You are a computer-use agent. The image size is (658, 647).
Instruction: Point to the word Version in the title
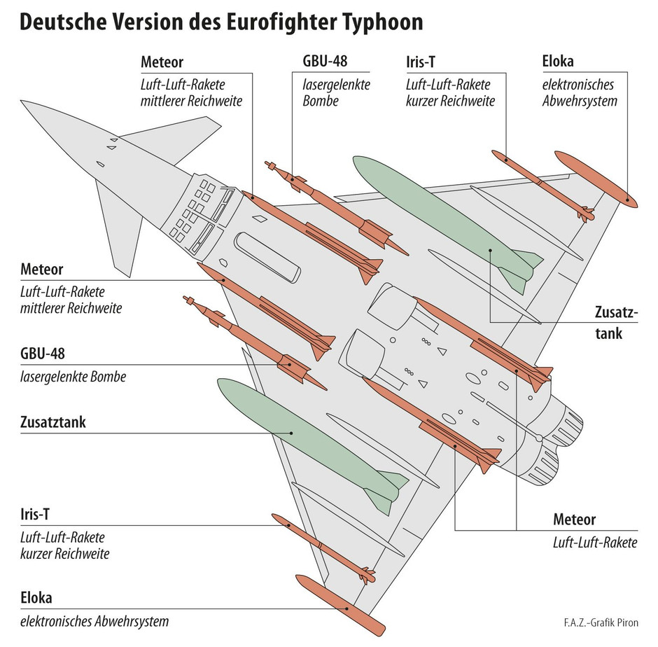coord(151,23)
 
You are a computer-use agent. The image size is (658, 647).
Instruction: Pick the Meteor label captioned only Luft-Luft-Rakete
coord(574,520)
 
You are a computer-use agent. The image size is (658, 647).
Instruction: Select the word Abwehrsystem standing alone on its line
coord(580,101)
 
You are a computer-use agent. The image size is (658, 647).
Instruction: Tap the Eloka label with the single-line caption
coord(36,598)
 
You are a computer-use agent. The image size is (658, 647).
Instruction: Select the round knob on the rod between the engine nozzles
coord(540,438)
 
